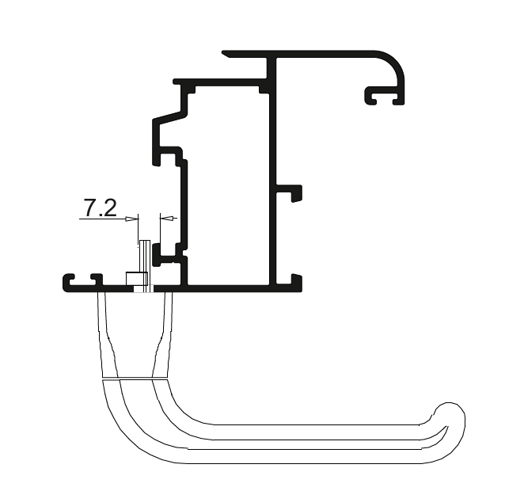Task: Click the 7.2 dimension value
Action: point(101,207)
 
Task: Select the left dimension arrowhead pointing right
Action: point(131,219)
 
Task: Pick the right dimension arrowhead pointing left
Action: point(166,218)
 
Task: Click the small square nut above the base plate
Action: point(137,279)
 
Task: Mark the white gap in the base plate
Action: point(143,289)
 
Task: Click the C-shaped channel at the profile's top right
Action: point(384,95)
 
